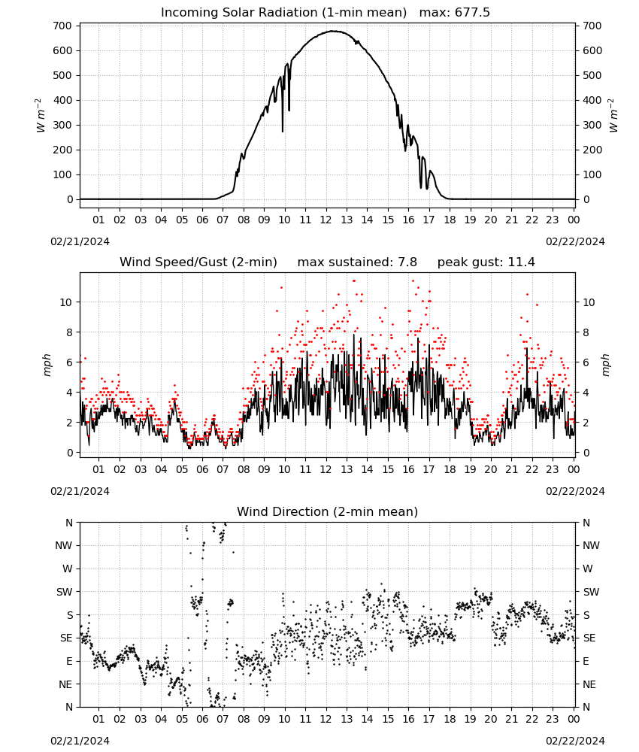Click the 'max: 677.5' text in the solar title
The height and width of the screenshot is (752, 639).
pos(455,13)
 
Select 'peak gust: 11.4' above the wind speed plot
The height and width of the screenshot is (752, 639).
pos(486,262)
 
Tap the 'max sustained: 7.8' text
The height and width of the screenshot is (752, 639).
pos(357,262)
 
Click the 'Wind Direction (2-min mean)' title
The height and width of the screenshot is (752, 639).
pos(328,511)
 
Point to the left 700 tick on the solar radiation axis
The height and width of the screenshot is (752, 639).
pos(63,26)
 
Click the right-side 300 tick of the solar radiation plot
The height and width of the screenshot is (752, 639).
pos(592,125)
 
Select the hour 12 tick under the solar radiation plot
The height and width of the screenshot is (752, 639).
pos(326,220)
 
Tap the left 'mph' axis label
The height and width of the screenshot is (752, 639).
pos(47,365)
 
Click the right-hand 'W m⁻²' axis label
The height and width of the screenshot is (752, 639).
pos(613,115)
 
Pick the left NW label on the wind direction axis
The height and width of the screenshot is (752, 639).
pos(64,546)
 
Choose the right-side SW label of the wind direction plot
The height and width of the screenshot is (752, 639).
pos(592,593)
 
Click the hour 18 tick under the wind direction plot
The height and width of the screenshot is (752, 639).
pos(450,720)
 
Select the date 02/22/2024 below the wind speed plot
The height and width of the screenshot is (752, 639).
pos(575,492)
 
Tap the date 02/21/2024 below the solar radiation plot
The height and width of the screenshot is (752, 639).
pos(80,241)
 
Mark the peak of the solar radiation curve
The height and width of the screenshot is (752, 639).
pos(334,31)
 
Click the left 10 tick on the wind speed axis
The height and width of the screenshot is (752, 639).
pos(67,302)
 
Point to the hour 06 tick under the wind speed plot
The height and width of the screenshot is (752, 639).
pos(202,469)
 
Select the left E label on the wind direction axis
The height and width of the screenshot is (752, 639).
pos(69,662)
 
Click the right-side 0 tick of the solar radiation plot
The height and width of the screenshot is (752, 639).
pos(586,199)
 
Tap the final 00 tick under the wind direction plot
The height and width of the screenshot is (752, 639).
pos(574,720)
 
